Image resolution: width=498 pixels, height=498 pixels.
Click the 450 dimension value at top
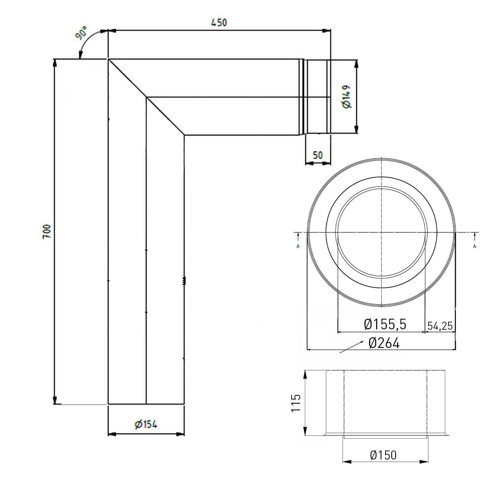point(219,23)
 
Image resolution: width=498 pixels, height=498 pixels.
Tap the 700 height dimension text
point(47,231)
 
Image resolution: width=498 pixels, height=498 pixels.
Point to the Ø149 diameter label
point(346,97)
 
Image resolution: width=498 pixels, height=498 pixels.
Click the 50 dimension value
point(318,155)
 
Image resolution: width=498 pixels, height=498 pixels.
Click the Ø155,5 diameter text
point(385,324)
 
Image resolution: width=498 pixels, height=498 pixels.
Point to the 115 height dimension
point(296,403)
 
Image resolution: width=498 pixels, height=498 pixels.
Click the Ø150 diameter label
point(383,455)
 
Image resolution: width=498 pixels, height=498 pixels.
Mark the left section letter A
point(298,246)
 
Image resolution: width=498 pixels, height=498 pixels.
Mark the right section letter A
point(475,246)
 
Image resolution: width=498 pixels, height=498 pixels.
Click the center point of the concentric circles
point(381,232)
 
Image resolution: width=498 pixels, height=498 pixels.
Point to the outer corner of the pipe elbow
point(109,59)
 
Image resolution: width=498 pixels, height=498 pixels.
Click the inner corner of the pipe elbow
point(184,135)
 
